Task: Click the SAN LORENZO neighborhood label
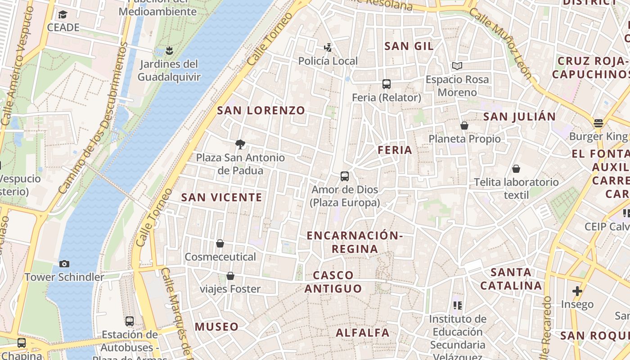point(261,110)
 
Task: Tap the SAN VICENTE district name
point(221,197)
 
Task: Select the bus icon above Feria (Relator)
point(386,84)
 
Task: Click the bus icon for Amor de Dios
point(345,176)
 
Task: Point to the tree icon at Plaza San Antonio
point(240,144)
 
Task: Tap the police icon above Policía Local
point(328,47)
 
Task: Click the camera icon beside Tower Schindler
point(64,264)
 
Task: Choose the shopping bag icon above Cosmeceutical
point(220,243)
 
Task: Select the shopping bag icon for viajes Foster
point(230,275)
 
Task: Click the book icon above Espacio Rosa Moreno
point(457,66)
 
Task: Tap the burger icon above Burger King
point(598,123)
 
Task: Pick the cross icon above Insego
point(577,291)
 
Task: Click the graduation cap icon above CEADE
point(63,14)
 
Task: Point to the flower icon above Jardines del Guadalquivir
point(169,50)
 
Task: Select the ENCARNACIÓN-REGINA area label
point(355,242)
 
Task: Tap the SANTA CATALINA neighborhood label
point(511,279)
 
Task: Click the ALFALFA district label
point(363,333)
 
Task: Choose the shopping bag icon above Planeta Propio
point(464,126)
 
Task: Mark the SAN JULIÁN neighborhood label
point(519,117)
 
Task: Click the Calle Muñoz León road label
point(500,43)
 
